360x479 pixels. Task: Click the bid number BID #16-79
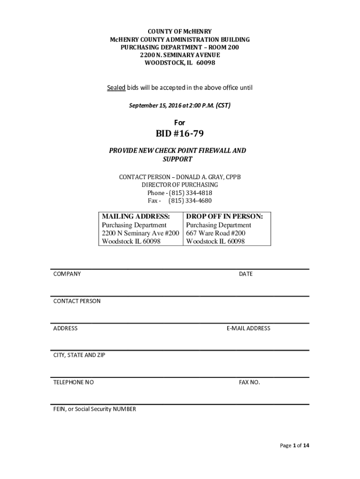(x=180, y=134)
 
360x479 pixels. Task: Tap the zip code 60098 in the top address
(x=206, y=63)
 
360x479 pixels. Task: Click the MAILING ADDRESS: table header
(x=135, y=217)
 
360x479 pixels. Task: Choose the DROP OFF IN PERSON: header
(x=224, y=217)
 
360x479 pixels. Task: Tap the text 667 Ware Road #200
(x=216, y=233)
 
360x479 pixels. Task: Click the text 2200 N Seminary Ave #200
(x=140, y=233)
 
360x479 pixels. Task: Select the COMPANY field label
(x=67, y=274)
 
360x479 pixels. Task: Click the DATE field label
(x=245, y=274)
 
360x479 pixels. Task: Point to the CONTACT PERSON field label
(x=77, y=301)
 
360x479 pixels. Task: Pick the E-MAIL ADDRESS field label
(x=248, y=328)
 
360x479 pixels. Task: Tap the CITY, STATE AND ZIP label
(x=79, y=355)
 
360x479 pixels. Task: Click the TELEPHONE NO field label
(x=73, y=382)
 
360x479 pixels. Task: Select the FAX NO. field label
(x=249, y=382)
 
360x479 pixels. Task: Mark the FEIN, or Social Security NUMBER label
(x=94, y=409)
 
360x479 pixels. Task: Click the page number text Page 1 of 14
(x=295, y=445)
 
